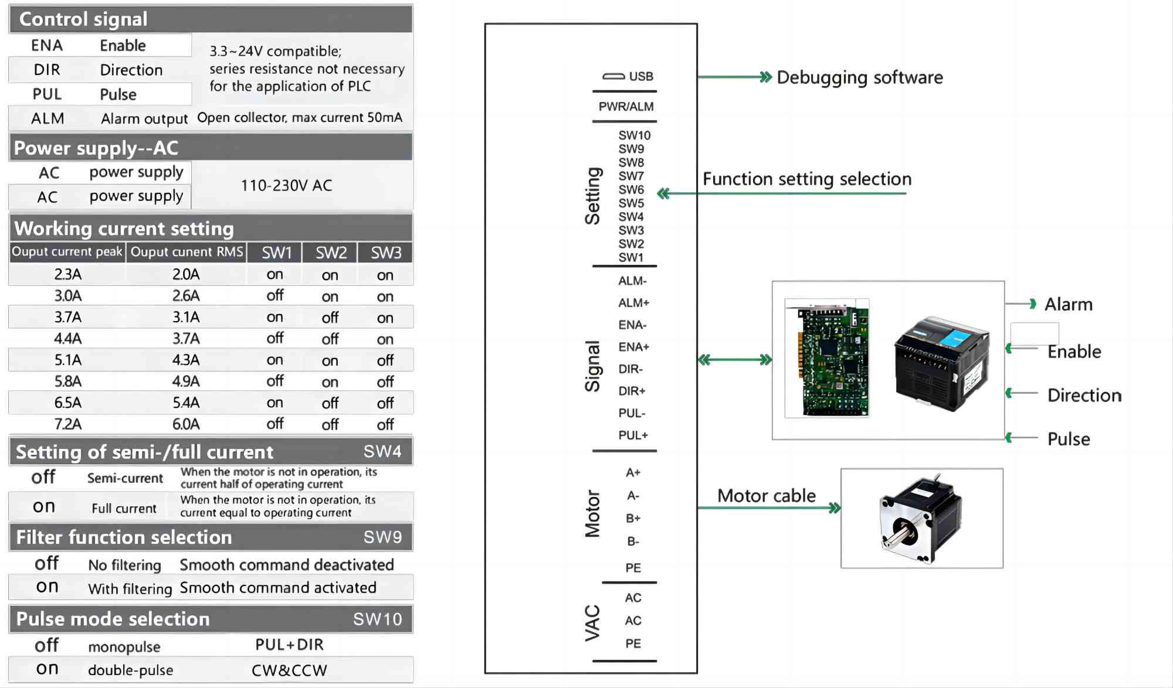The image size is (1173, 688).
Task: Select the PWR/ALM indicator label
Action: click(626, 107)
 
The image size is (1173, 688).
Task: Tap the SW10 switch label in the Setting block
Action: click(634, 135)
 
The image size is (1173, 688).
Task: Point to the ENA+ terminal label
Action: click(633, 347)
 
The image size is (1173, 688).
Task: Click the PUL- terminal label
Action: click(632, 413)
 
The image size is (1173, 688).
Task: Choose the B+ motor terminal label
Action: click(633, 519)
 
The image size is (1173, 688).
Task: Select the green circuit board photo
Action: click(828, 358)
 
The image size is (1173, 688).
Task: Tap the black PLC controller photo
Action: click(941, 364)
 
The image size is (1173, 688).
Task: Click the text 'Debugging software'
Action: click(860, 77)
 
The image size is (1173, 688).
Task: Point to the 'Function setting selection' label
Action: click(807, 179)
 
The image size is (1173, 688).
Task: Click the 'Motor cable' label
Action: click(766, 496)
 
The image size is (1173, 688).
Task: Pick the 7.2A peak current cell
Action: click(68, 424)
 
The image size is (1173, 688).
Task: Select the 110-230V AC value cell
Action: click(286, 186)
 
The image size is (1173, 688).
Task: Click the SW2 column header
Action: click(331, 253)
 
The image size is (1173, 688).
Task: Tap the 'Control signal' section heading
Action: click(83, 19)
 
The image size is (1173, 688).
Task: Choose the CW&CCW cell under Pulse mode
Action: click(289, 670)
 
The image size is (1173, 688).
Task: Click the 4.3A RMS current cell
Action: click(186, 360)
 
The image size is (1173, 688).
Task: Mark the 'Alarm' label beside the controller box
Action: click(1068, 304)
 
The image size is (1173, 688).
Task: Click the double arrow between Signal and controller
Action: click(735, 360)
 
